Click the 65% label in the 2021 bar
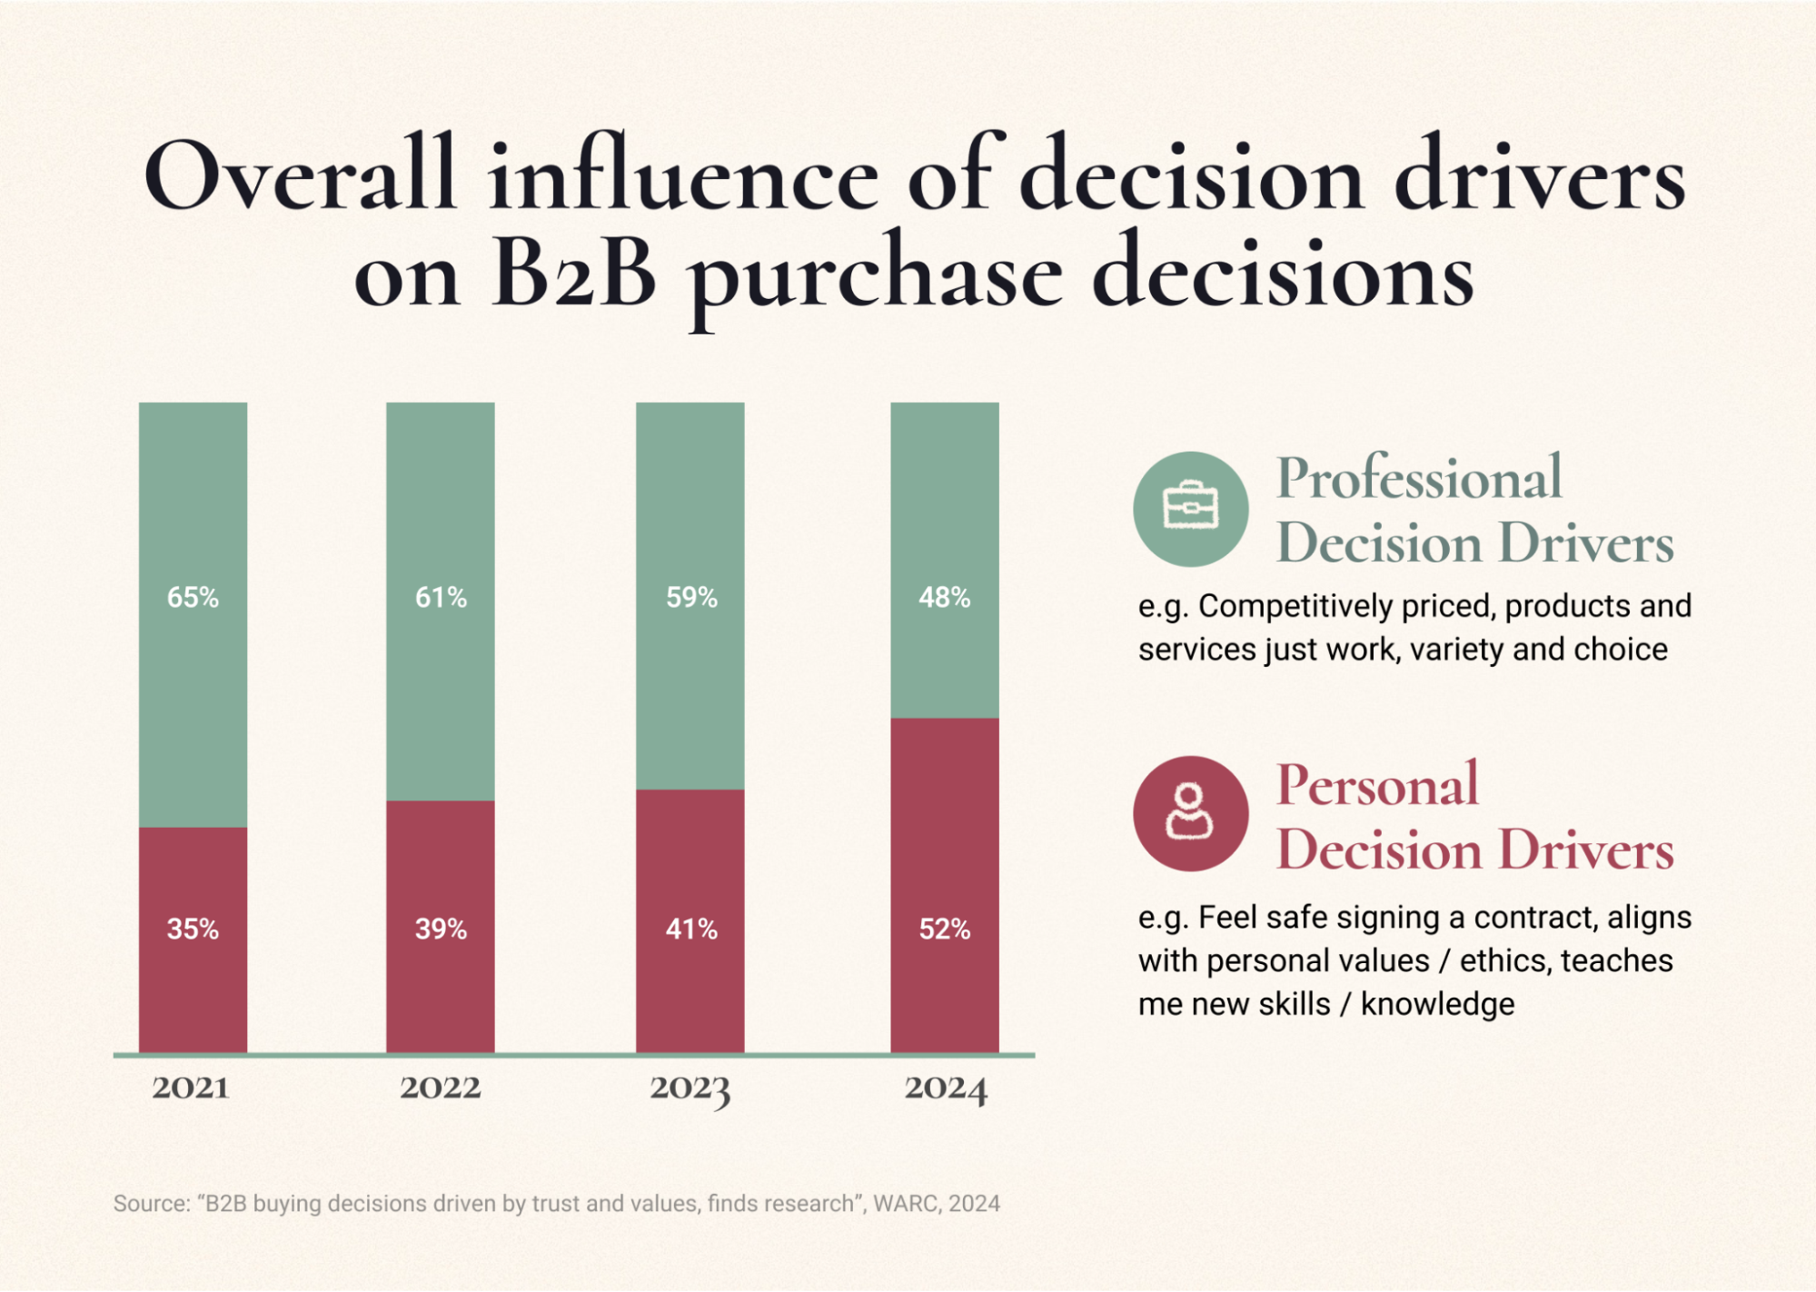click(193, 598)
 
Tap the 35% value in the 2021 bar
click(193, 929)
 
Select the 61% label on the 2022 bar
click(441, 598)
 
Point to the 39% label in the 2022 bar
click(441, 929)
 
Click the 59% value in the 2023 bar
click(691, 598)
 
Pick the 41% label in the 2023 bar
click(691, 929)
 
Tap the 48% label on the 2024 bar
click(944, 598)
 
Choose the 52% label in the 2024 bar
click(944, 929)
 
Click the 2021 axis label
click(191, 1088)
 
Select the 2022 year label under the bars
click(441, 1088)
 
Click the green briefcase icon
click(1190, 509)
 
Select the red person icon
click(1190, 813)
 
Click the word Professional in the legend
click(1419, 478)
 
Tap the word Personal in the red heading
click(1377, 785)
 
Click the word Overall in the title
click(300, 175)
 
